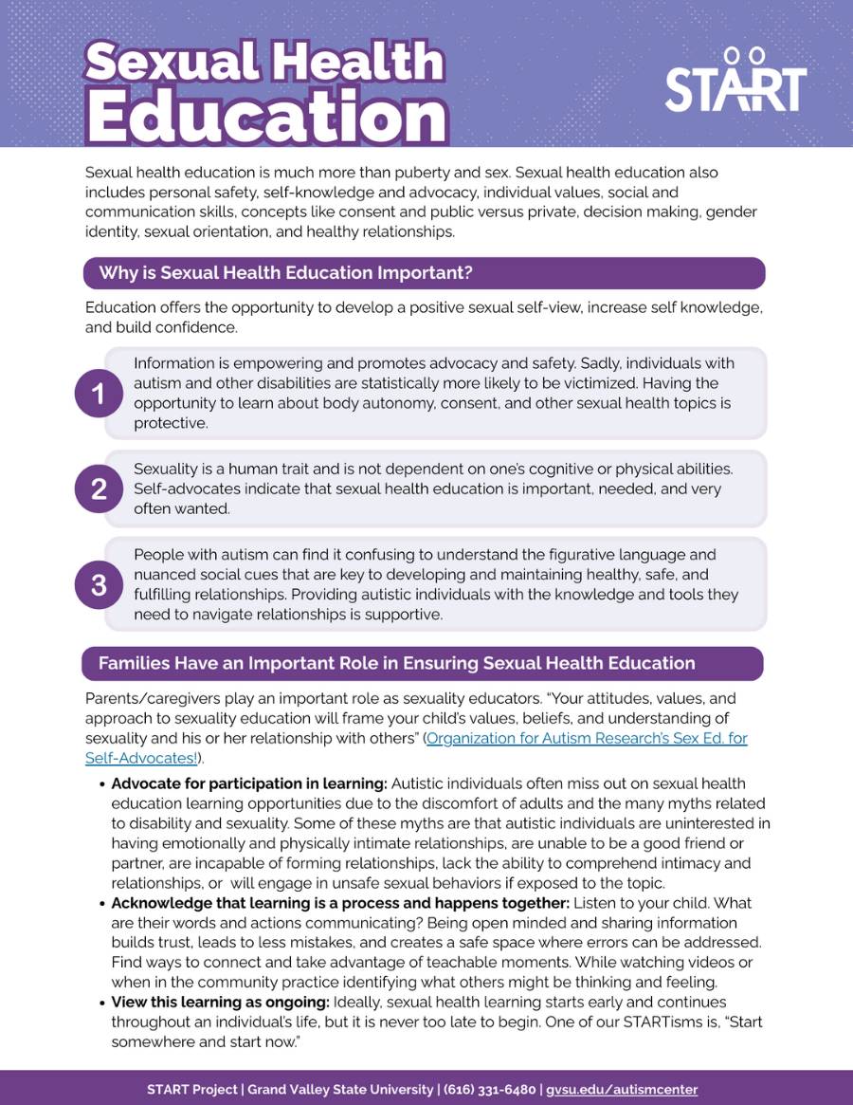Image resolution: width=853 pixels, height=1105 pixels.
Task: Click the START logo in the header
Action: coord(735,81)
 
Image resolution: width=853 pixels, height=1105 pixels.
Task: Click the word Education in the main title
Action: coord(266,117)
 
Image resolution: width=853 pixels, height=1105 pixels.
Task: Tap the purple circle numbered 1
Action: coord(98,393)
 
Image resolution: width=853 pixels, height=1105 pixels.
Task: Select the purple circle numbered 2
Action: coord(98,489)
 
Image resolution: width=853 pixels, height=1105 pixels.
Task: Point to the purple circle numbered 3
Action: coord(98,585)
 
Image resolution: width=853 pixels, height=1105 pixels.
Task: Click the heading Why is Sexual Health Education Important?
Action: coord(285,273)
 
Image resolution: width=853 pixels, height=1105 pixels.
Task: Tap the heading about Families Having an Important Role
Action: coord(396,664)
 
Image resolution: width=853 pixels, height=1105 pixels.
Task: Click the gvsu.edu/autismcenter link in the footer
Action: coord(622,1089)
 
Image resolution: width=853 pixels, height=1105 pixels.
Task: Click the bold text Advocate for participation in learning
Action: coord(249,783)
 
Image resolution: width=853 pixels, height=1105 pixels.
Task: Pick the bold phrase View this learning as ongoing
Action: coord(220,1002)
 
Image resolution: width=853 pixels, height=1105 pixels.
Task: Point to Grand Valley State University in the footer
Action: coord(339,1089)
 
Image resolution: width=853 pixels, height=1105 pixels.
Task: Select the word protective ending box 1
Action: coord(171,423)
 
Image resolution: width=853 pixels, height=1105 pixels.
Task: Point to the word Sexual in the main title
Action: coord(166,63)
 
